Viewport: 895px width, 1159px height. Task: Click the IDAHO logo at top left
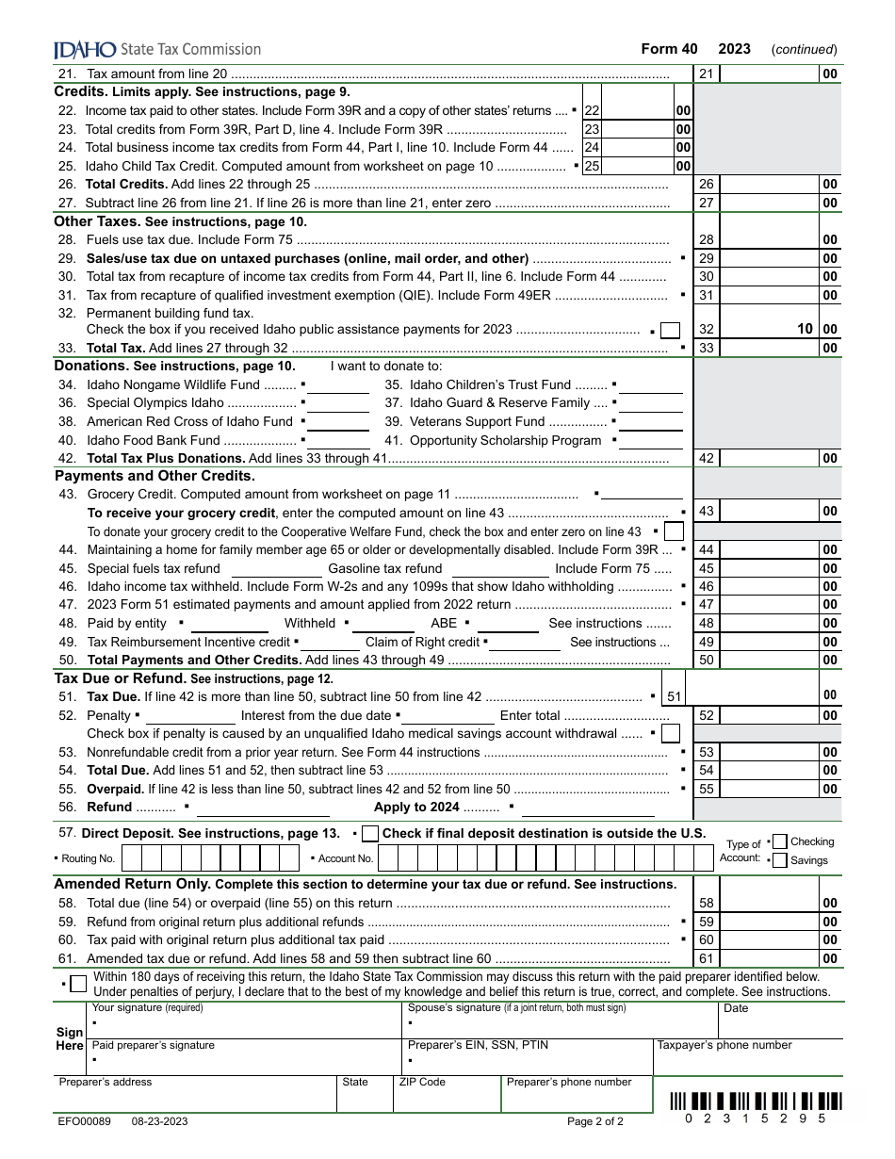coord(85,49)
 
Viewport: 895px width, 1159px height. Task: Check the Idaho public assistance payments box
coord(671,330)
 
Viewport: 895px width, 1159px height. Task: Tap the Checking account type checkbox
coord(779,841)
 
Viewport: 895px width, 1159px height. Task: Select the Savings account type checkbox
coord(779,860)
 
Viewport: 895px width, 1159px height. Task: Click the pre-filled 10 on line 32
coord(805,330)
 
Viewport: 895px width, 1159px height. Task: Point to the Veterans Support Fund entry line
coord(650,422)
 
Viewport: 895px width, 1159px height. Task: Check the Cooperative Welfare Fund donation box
coord(673,532)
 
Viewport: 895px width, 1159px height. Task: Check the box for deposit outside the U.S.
coord(370,834)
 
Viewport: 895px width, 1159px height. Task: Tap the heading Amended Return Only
coord(132,884)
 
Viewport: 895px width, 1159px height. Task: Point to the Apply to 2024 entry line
coord(588,808)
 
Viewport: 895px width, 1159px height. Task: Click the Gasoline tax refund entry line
coord(500,570)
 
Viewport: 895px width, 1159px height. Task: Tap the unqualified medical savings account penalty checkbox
coord(671,734)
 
